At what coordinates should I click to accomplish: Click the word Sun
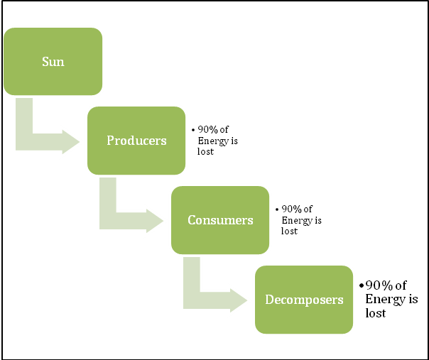click(x=53, y=62)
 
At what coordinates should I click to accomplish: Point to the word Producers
click(x=136, y=141)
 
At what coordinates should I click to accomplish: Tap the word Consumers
click(x=220, y=220)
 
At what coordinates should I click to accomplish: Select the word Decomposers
click(x=304, y=300)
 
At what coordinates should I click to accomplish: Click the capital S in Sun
click(x=45, y=62)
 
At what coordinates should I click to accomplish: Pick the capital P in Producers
click(x=110, y=141)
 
